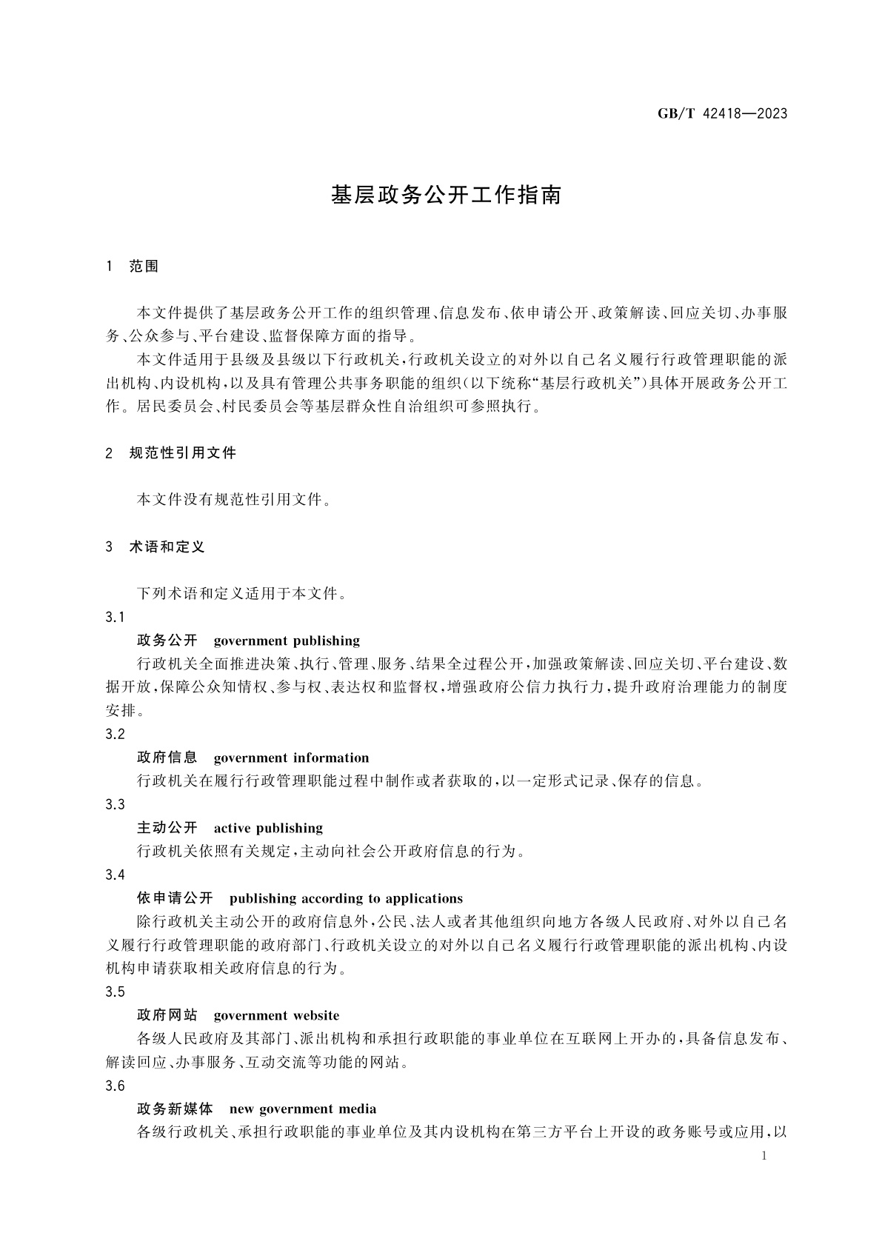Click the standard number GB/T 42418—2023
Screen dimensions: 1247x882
click(722, 113)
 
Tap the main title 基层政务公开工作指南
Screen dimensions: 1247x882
click(447, 195)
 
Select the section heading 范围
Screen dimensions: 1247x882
click(144, 266)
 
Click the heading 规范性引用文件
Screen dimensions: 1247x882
click(182, 452)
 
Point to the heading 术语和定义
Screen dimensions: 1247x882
click(167, 546)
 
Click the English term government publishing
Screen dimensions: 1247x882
click(287, 641)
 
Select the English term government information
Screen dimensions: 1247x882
click(291, 758)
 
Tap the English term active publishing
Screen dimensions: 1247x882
click(268, 828)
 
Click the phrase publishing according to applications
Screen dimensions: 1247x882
click(346, 898)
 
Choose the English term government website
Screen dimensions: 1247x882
click(276, 1015)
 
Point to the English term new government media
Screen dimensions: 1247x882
click(303, 1109)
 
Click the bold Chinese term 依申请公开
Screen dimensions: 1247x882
click(175, 898)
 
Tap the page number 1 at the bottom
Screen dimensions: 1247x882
click(764, 1157)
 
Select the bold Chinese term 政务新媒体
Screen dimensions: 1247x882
click(175, 1109)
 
